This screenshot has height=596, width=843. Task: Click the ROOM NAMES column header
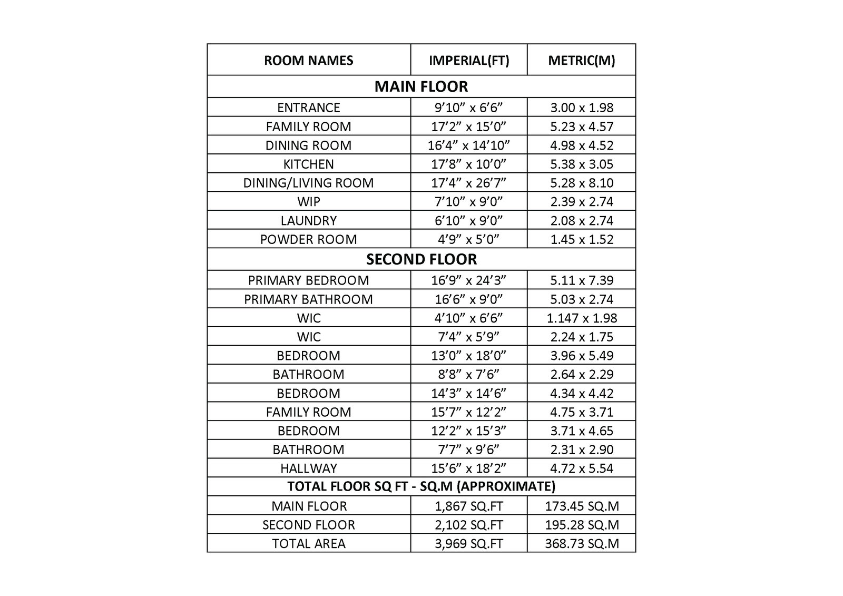pos(308,60)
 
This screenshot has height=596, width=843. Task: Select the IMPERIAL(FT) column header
pos(469,60)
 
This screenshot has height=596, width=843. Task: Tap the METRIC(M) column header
pos(582,60)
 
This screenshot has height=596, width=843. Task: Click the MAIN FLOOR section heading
pos(421,86)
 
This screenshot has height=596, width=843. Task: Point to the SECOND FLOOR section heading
pos(421,259)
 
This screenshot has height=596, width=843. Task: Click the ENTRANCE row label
pos(308,108)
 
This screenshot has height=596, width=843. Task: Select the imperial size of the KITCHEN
pos(469,164)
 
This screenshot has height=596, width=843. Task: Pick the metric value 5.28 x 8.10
pos(582,183)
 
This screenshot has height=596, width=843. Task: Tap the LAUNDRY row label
pos(308,220)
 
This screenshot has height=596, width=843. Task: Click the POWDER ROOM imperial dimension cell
pos(469,239)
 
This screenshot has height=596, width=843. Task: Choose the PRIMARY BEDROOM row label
pos(308,280)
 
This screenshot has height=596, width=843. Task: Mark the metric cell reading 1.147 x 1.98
pos(582,318)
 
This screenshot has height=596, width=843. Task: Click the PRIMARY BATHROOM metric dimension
pos(582,299)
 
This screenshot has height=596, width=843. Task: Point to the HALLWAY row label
pos(308,468)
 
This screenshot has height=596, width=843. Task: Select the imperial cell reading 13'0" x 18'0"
pos(469,355)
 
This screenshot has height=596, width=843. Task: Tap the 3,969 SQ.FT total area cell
pos(469,543)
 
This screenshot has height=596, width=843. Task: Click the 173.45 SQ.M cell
pos(582,506)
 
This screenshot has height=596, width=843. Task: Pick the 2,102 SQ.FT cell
pos(469,525)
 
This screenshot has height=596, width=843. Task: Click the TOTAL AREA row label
pos(308,543)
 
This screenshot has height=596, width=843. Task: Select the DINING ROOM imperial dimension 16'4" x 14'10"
pos(469,145)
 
